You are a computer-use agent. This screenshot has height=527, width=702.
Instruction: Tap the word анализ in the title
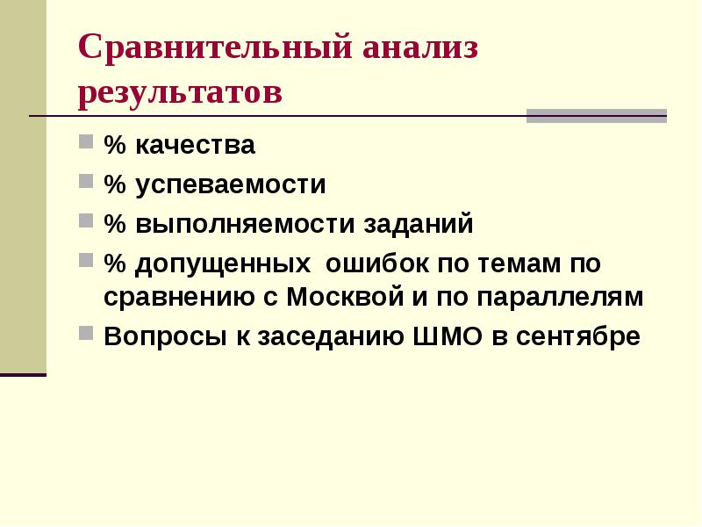(420, 47)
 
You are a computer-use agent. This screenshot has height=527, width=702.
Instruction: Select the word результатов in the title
(180, 94)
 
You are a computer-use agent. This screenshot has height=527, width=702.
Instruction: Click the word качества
(195, 145)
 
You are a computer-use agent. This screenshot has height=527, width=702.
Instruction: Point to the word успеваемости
(231, 184)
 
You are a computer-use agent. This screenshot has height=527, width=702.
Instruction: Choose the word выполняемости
(245, 224)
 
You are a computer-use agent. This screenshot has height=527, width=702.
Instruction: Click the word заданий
(419, 224)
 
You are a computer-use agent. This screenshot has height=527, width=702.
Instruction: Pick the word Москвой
(345, 296)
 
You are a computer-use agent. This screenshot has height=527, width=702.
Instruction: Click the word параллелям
(560, 297)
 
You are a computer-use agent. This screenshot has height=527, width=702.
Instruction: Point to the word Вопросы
(165, 336)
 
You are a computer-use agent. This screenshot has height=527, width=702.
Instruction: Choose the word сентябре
(578, 336)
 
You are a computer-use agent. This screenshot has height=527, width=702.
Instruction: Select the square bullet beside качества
(85, 141)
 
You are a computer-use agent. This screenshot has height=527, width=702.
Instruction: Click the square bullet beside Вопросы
(85, 334)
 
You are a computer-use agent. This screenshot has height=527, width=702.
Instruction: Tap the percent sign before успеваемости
(115, 184)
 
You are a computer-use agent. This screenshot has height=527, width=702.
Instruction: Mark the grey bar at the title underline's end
(597, 116)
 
